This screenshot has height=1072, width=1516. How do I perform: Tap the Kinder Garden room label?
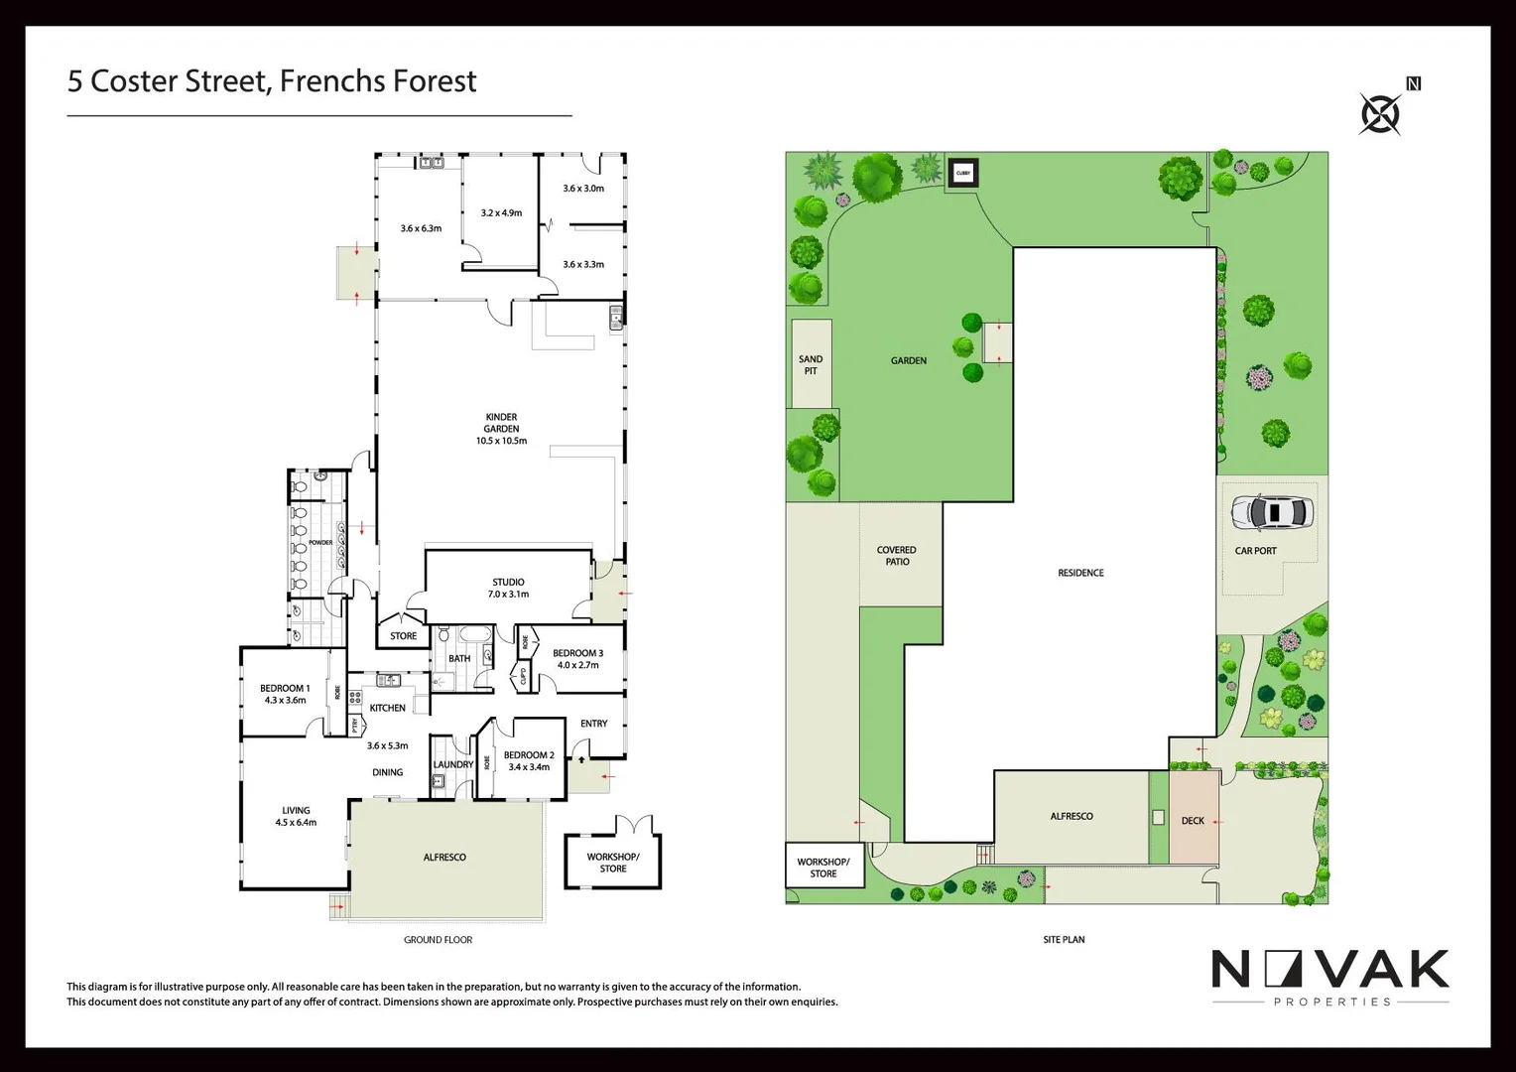tap(501, 429)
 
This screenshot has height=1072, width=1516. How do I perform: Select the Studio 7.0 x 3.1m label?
tap(508, 588)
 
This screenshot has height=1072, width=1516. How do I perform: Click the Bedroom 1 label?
tap(285, 694)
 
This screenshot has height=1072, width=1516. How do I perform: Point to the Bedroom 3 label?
tap(577, 659)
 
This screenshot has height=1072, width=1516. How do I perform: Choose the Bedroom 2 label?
tap(529, 760)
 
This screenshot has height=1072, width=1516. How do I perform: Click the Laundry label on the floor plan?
tap(453, 764)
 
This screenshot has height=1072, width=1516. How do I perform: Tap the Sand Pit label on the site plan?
tap(811, 365)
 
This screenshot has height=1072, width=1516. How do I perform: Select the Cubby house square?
tap(962, 173)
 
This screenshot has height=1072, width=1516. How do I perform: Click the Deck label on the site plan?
tap(1193, 821)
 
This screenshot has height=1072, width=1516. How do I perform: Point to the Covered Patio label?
tap(897, 556)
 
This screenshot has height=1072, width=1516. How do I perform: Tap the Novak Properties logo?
tap(1330, 977)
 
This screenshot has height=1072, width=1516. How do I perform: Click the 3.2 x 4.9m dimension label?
tap(501, 212)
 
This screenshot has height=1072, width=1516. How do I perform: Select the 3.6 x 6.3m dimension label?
tap(421, 228)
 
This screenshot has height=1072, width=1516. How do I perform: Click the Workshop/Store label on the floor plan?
tap(613, 863)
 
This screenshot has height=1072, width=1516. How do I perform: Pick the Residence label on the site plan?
tap(1080, 573)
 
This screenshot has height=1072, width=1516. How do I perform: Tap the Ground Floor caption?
tap(438, 939)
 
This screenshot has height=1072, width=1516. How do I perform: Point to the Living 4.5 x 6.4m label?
tap(296, 816)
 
